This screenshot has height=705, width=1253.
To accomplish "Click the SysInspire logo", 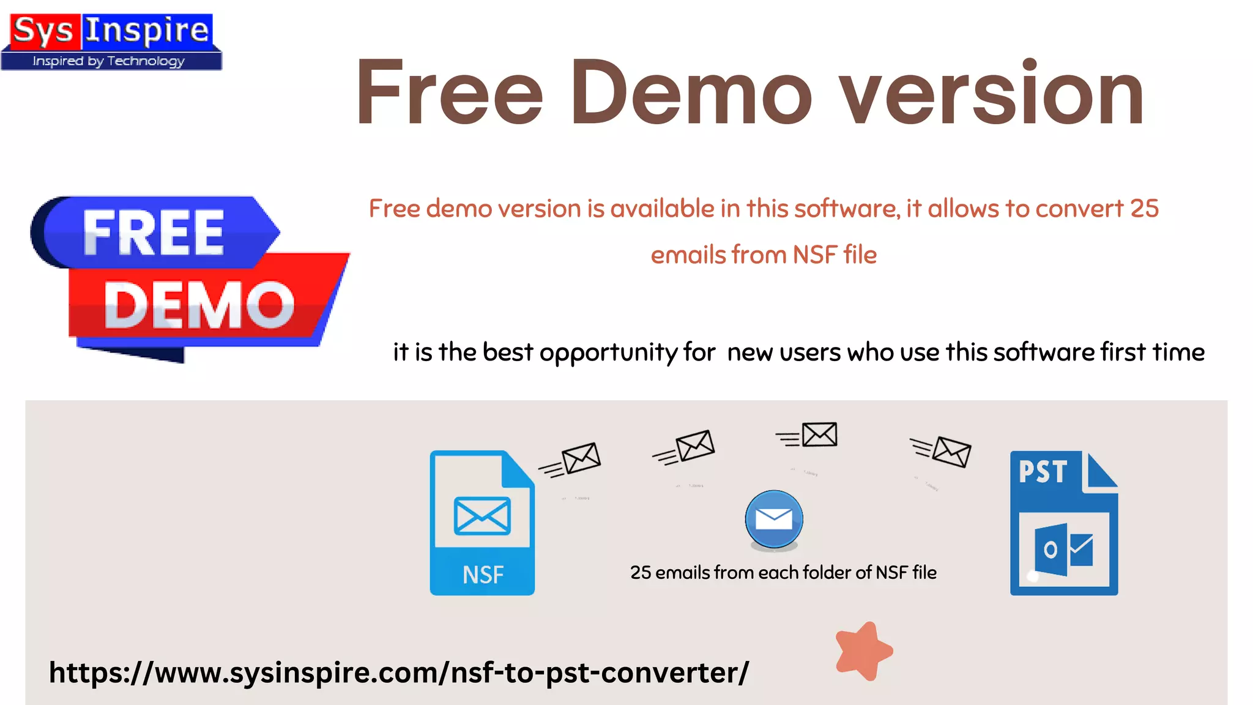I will (x=111, y=41).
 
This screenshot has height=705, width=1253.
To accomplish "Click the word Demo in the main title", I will (x=691, y=93).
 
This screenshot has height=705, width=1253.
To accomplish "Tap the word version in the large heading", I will (x=991, y=93).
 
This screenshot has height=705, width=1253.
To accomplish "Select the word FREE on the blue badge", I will (x=153, y=233).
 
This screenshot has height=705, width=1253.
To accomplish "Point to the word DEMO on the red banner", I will (x=199, y=305).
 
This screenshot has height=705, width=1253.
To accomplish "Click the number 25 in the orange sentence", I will (x=1144, y=209).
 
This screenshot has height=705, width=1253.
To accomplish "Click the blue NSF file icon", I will (x=482, y=523).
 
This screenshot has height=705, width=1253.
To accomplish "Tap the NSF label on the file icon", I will (x=483, y=575).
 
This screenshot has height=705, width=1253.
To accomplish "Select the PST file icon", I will (x=1063, y=523).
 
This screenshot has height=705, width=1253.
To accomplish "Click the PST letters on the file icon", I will (x=1043, y=472).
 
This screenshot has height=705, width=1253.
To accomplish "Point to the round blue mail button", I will (x=774, y=520).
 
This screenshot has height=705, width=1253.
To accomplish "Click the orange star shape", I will (x=863, y=651).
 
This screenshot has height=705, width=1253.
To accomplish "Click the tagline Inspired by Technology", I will (x=109, y=61).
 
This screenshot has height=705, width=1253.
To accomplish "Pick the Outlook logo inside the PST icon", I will (x=1063, y=550).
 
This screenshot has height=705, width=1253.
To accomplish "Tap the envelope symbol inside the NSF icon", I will (x=482, y=516).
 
